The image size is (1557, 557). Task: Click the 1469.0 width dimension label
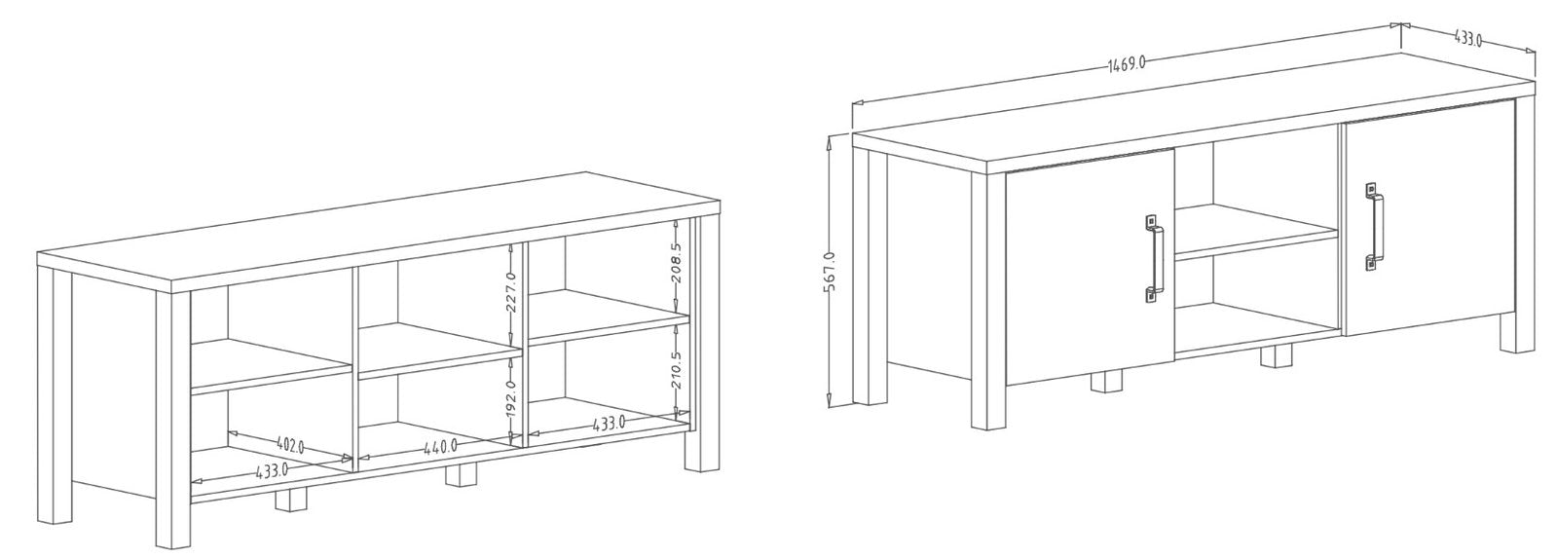coord(1126,64)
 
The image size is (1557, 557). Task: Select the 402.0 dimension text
coord(290,444)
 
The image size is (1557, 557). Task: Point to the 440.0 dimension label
coord(441,446)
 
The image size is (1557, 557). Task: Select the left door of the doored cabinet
coord(1090,267)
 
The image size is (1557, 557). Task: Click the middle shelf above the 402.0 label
coord(271,366)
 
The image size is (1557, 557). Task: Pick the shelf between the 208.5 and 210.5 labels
coord(609,317)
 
